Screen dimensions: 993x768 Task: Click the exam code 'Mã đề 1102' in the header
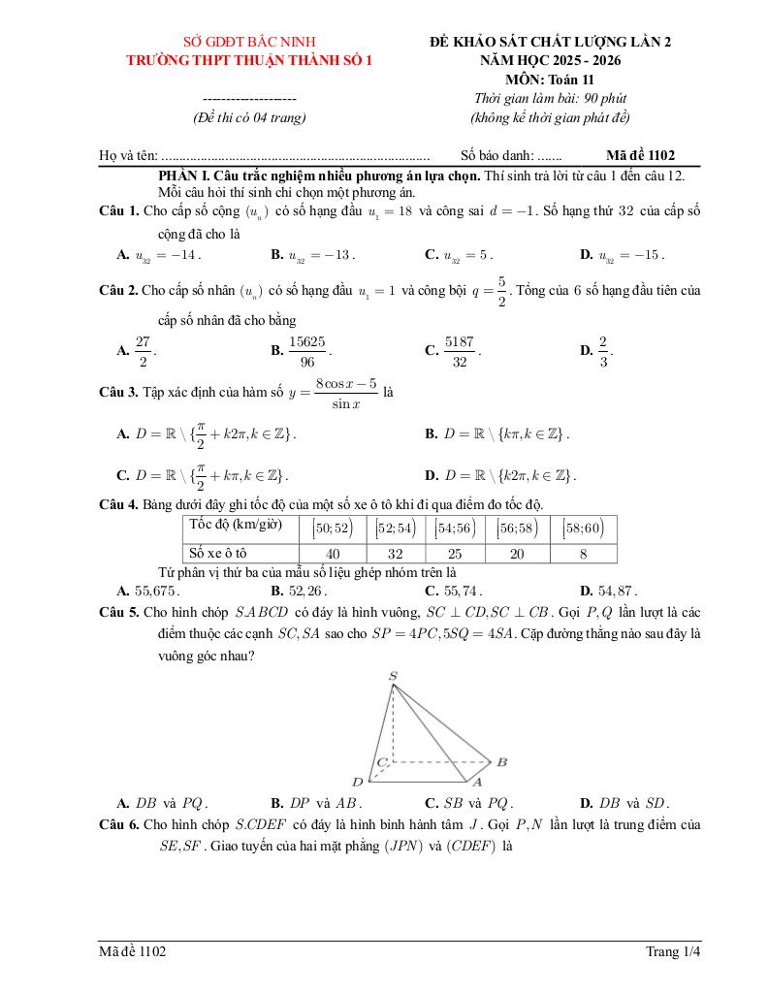[x=640, y=155]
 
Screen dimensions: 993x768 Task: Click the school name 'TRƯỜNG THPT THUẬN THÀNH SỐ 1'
[x=250, y=60]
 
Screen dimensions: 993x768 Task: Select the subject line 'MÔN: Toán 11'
[x=550, y=80]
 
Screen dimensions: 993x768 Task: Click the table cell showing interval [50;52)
[x=332, y=528]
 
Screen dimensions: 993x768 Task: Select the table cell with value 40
[x=332, y=553]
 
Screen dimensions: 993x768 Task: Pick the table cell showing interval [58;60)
[x=583, y=528]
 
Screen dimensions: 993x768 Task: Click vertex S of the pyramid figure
[x=393, y=676]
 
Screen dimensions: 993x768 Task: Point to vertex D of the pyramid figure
[x=357, y=782]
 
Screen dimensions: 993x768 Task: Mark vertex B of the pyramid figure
[x=501, y=762]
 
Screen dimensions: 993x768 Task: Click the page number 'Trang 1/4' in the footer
[x=673, y=951]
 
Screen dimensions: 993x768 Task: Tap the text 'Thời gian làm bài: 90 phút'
[x=550, y=99]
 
